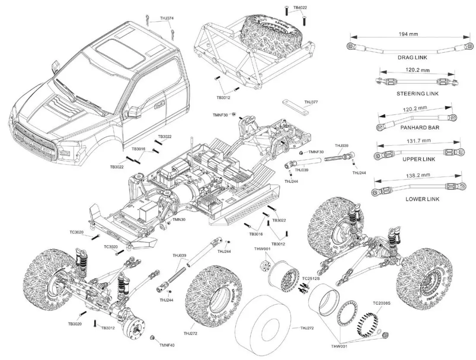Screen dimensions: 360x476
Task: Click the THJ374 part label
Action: pyautogui.click(x=167, y=18)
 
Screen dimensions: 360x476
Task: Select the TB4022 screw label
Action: pyautogui.click(x=300, y=8)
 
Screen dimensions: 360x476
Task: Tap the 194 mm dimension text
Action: pyautogui.click(x=409, y=34)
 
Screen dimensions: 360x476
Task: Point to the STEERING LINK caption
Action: pyautogui.click(x=417, y=94)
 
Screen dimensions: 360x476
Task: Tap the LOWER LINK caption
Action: pyautogui.click(x=422, y=199)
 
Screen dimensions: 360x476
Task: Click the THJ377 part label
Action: pyautogui.click(x=311, y=102)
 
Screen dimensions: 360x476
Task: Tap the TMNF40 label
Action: pyautogui.click(x=167, y=345)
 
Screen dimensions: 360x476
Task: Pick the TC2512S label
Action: pyautogui.click(x=310, y=278)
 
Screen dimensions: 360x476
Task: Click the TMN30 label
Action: pyautogui.click(x=179, y=220)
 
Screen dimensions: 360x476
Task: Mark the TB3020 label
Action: pyautogui.click(x=76, y=323)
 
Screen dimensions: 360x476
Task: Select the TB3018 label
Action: pyautogui.click(x=138, y=149)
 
